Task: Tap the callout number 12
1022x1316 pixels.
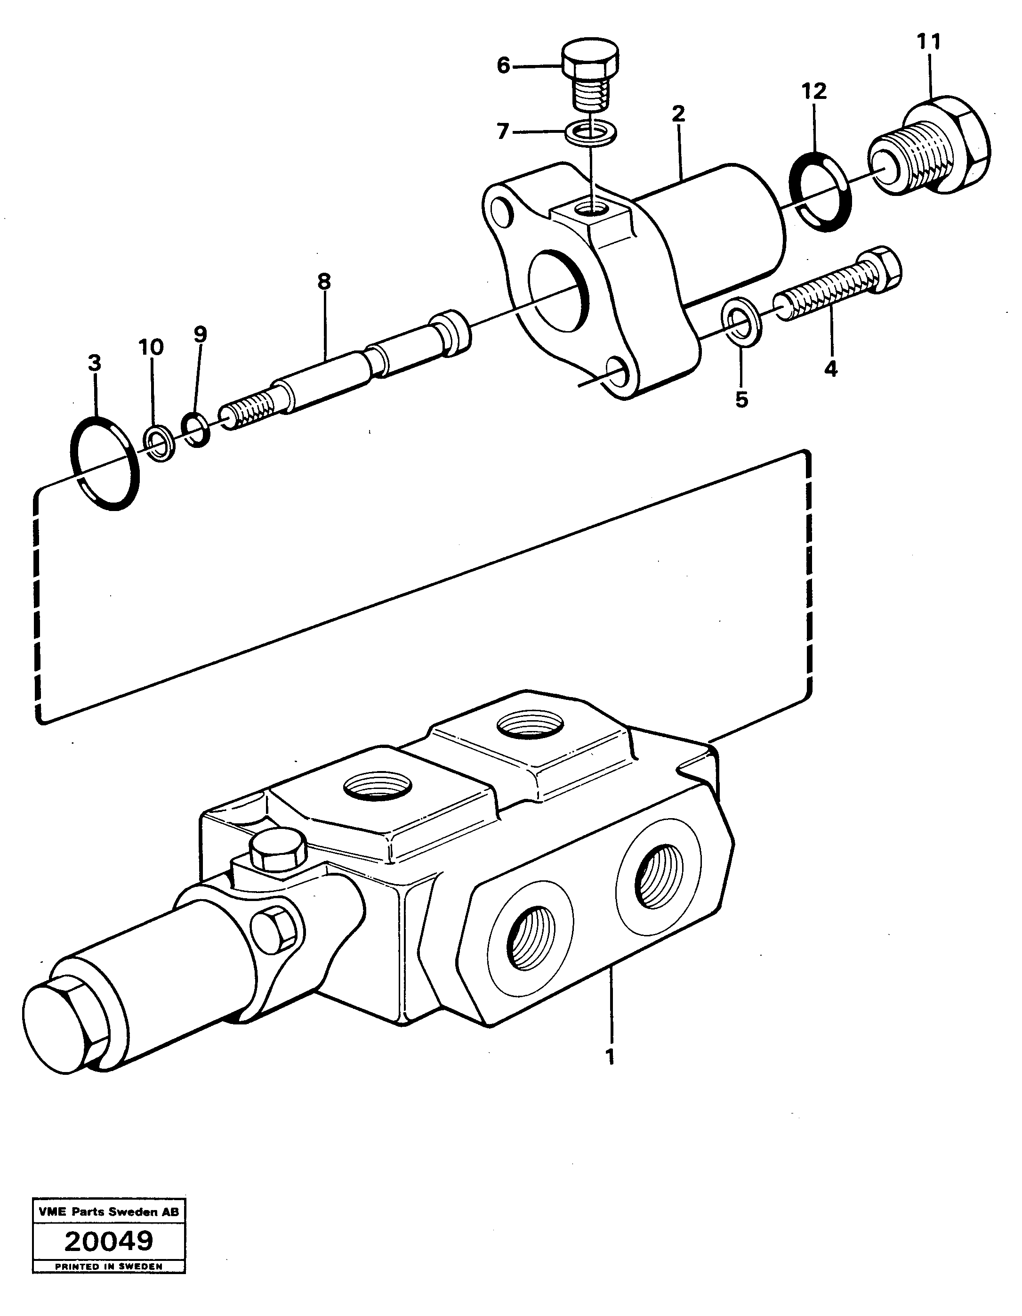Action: coord(814,91)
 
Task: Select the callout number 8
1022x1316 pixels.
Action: coord(324,281)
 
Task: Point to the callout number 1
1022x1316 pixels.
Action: coord(610,1056)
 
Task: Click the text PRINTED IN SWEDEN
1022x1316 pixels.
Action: coord(108,1283)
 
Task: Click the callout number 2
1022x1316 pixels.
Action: coord(679,113)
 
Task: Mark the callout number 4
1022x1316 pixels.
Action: coord(831,369)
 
